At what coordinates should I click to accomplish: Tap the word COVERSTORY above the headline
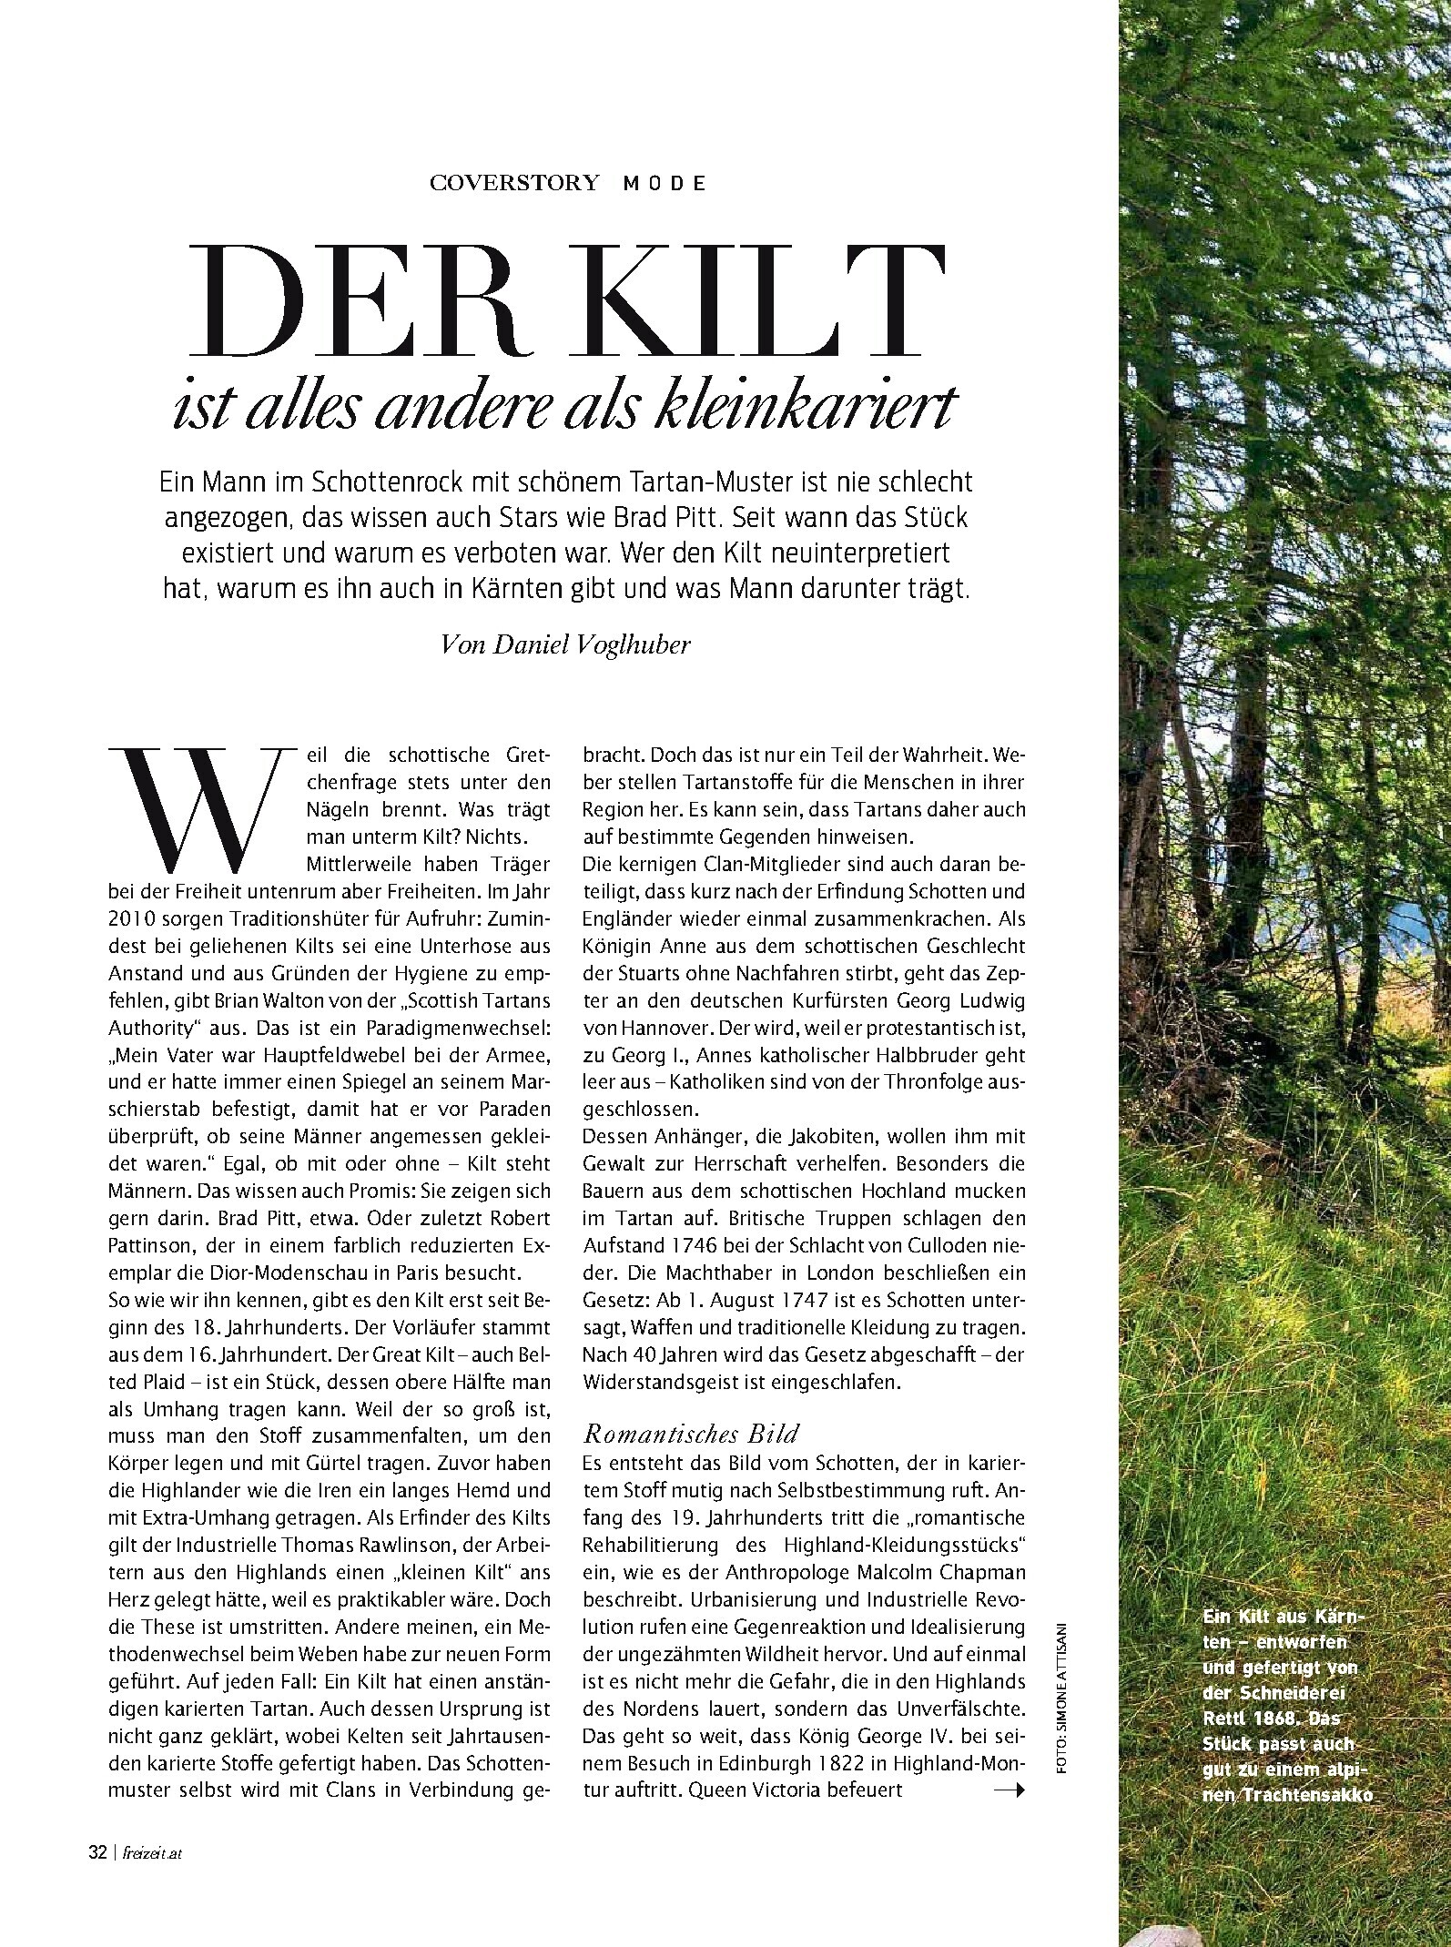tap(514, 183)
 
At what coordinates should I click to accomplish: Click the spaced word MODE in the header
tap(665, 183)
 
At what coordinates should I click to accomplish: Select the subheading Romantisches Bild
tap(690, 1435)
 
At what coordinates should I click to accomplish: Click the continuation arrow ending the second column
tap(1009, 1790)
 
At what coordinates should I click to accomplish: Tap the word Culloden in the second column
tap(940, 1245)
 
